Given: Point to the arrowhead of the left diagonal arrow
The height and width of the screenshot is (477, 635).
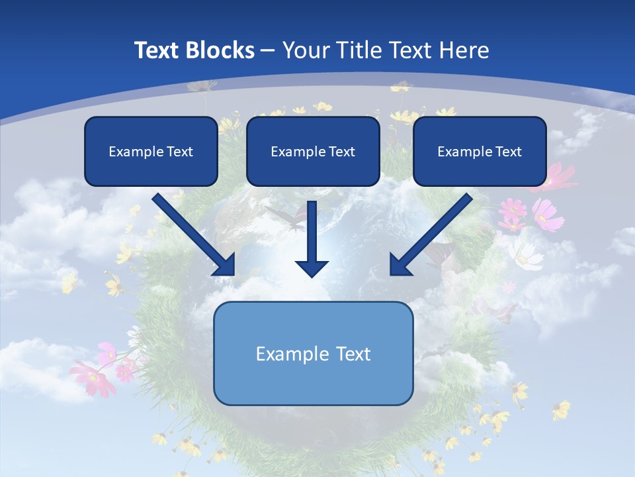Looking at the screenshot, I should tap(226, 266).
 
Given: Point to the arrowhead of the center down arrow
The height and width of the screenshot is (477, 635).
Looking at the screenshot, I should tap(312, 268).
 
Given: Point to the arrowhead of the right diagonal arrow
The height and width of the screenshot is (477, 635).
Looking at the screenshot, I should tap(399, 266).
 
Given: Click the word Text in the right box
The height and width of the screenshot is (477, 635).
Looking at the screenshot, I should tap(509, 152).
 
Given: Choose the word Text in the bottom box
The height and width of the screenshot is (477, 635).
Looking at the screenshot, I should tap(353, 354).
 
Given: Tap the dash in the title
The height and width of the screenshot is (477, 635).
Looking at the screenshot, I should tap(268, 50).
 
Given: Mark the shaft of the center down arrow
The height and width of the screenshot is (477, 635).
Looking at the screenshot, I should tap(312, 229).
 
